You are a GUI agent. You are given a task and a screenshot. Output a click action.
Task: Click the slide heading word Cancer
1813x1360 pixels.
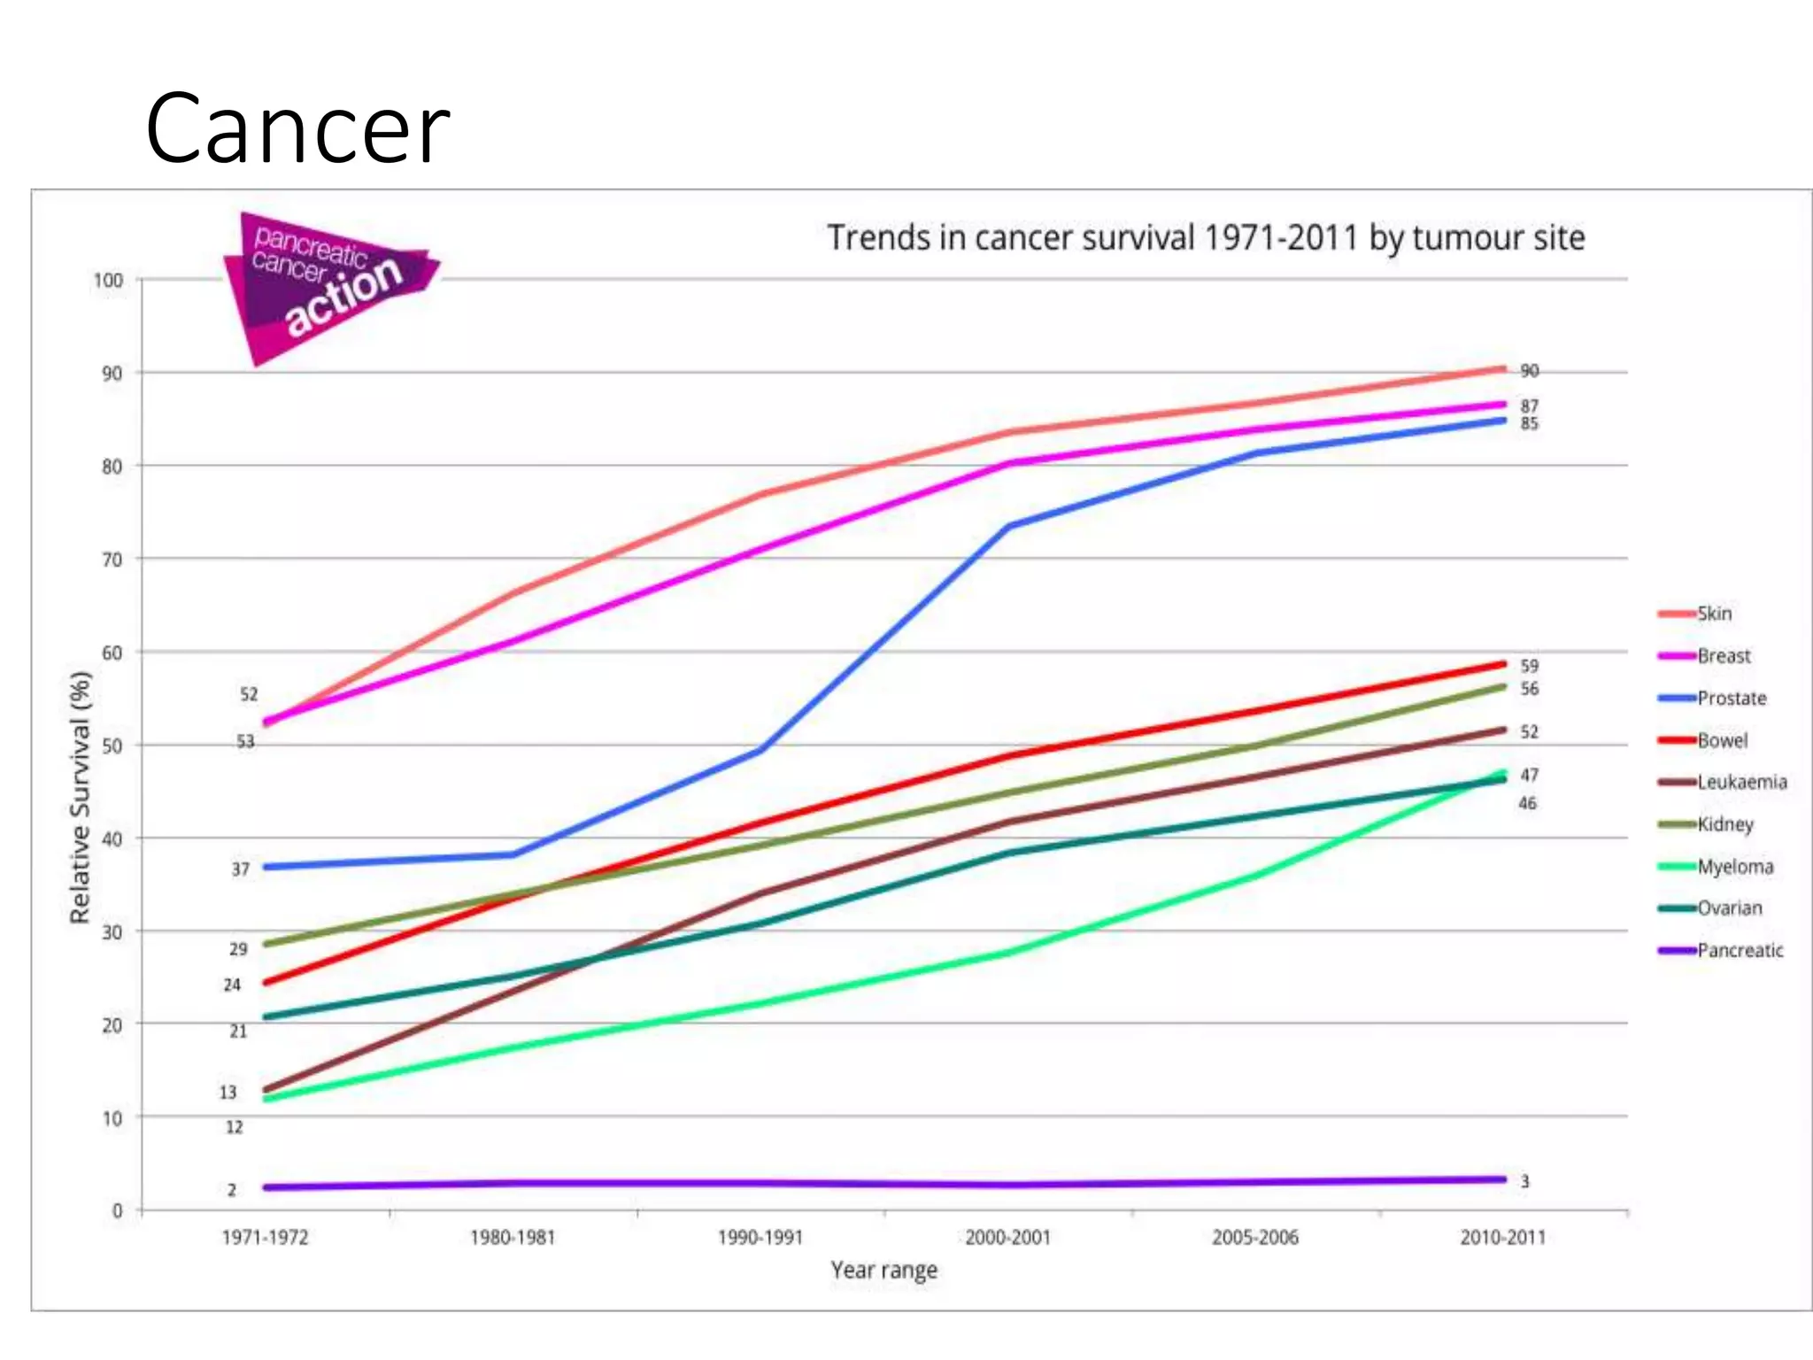[x=297, y=129]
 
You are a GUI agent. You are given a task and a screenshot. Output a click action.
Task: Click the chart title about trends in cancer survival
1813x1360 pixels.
[x=1206, y=238]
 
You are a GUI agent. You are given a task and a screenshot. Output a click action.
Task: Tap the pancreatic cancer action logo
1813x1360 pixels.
[x=327, y=285]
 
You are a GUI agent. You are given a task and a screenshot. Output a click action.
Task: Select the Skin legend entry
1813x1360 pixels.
[x=1713, y=614]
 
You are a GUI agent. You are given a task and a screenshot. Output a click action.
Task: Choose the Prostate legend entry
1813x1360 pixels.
[x=1731, y=699]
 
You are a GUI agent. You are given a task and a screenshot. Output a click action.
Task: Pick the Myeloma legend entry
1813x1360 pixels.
[x=1734, y=867]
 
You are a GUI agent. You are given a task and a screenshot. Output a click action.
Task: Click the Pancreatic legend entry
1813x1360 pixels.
[x=1740, y=951]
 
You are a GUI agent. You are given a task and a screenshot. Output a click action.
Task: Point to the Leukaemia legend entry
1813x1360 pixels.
[x=1741, y=783]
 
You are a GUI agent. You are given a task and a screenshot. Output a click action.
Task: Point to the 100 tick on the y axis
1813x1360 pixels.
[x=108, y=281]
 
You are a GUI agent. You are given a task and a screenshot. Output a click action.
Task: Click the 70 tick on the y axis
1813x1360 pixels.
[x=112, y=560]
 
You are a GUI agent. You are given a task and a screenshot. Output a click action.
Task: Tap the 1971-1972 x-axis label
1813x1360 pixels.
[x=265, y=1238]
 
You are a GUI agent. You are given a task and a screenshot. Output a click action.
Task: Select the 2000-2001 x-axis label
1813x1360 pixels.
[x=1008, y=1238]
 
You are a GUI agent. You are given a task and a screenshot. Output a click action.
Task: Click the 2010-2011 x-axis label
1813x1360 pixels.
[x=1503, y=1238]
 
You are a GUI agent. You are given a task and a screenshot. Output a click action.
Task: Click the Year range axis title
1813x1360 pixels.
[x=883, y=1271]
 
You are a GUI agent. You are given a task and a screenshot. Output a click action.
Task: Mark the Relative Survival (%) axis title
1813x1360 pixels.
[x=81, y=797]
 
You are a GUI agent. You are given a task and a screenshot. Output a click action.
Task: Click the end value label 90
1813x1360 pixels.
[x=1530, y=371]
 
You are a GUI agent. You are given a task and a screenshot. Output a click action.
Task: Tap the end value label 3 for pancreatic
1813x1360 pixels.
[x=1524, y=1182]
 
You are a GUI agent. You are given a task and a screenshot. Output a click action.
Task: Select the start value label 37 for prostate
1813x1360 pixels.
[x=241, y=869]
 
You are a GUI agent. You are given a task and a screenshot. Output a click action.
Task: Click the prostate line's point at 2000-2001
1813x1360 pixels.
[x=1009, y=526]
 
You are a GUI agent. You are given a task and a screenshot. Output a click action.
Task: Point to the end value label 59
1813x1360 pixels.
[x=1530, y=666]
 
